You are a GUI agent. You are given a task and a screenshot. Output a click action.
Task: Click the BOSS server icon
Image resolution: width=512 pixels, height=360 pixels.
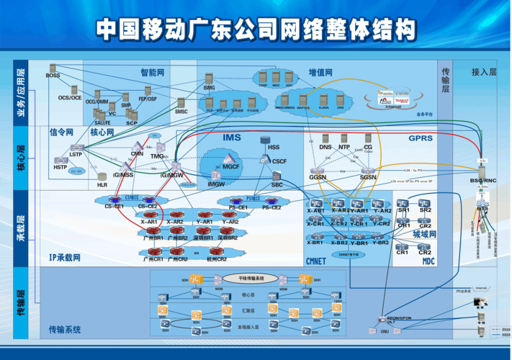(x=53, y=68)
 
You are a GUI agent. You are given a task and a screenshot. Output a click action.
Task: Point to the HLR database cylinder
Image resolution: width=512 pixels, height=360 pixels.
(x=102, y=176)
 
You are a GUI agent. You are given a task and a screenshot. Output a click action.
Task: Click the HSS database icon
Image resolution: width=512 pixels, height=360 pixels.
(x=273, y=139)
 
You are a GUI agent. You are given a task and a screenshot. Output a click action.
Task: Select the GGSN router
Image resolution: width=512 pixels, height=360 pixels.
(x=318, y=168)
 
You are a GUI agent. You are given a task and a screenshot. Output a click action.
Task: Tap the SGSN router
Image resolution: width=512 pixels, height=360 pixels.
(x=368, y=168)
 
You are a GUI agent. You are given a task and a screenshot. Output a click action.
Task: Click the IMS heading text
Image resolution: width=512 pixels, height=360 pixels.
(x=232, y=138)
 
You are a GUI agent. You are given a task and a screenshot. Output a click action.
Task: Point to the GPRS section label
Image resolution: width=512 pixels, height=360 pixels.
(x=421, y=138)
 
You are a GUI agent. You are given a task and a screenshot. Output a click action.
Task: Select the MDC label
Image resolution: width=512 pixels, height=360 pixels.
(x=428, y=261)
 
